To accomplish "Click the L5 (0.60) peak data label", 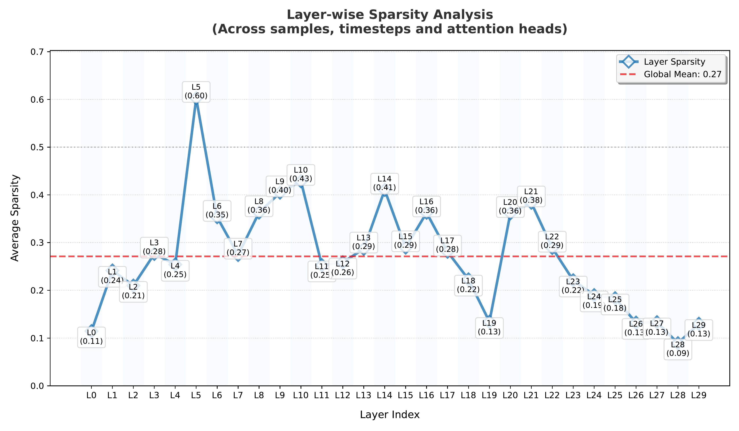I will pos(196,92).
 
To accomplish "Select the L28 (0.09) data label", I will pos(677,349).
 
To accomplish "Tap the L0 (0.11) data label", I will pos(91,337).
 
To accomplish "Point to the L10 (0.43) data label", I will pos(301,174).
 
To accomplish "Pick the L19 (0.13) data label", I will pos(489,328).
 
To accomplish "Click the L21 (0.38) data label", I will pos(531,196).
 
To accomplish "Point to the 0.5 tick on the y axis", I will pos(37,147).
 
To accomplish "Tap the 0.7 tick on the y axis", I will pos(37,52).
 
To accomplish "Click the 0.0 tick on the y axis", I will pos(37,386).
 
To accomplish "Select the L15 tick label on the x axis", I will pos(405,395).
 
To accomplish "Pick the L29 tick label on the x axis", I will pos(699,395).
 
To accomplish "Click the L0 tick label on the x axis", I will pos(91,395).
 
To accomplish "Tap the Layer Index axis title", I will pos(390,415).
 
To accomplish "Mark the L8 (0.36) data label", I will pos(259,206).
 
